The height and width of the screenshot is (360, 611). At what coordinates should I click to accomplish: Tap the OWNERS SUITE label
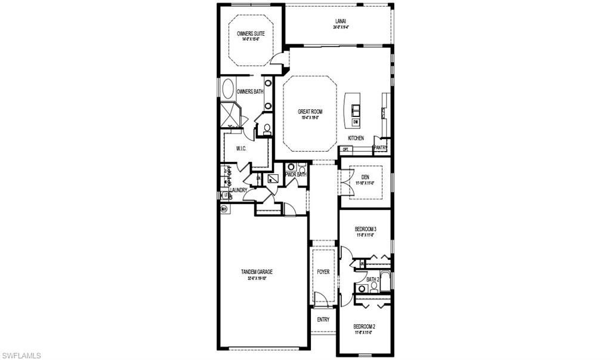click(250, 34)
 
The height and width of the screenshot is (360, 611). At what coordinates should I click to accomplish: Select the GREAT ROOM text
click(310, 111)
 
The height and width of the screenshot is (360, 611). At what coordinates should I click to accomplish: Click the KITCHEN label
click(356, 138)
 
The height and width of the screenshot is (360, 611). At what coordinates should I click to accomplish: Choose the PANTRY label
click(380, 147)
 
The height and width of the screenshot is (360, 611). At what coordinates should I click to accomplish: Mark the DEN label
click(365, 177)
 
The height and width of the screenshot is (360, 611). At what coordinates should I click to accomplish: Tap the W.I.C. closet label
click(242, 149)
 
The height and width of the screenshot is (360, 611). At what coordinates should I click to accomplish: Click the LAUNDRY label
click(238, 190)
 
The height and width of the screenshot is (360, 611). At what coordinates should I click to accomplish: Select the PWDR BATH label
click(295, 175)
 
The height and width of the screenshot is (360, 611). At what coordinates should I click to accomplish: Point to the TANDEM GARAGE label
click(257, 272)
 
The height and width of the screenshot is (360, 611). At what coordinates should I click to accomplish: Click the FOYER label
click(323, 272)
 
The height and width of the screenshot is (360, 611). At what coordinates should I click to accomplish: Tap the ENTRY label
click(323, 319)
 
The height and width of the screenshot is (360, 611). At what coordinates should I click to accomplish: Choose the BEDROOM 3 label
click(365, 229)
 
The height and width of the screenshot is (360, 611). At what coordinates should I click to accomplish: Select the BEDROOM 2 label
click(364, 326)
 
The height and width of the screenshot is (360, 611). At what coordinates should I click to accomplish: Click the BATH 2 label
click(373, 279)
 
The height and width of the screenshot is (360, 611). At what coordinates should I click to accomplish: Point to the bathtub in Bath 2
click(385, 281)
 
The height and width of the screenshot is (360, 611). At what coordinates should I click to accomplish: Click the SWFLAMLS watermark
click(21, 355)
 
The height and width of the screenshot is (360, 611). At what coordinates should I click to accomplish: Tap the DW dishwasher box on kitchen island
click(356, 122)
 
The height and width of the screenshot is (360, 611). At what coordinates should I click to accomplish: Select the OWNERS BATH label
click(250, 91)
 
